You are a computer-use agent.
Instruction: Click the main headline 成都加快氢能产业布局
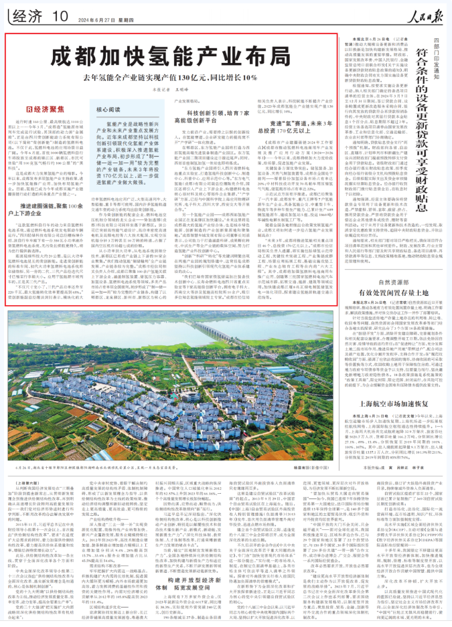point(175,56)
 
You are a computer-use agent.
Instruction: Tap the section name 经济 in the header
point(25,14)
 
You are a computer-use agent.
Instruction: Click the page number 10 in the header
point(60,14)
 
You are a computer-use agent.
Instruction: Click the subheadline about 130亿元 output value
point(175,77)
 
